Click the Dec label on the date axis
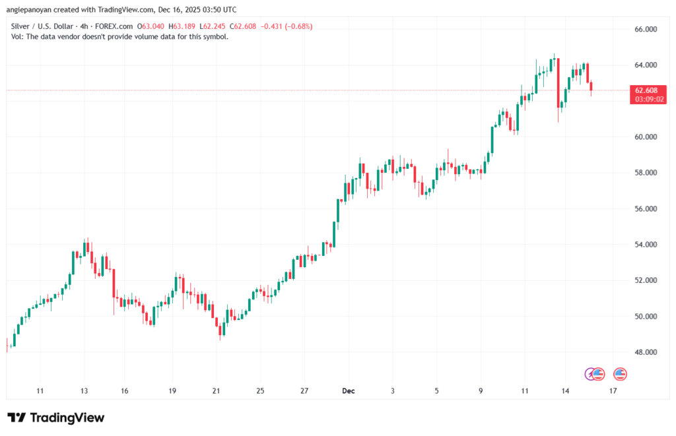point(348,391)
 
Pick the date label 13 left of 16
point(84,391)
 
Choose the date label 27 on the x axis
point(304,391)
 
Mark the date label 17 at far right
point(613,391)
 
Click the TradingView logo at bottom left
point(55,418)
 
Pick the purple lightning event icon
point(591,374)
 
